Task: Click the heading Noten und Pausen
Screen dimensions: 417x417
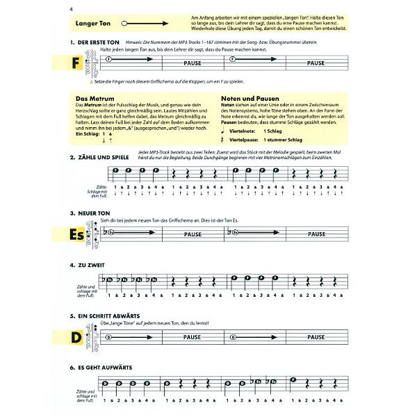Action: point(248,99)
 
